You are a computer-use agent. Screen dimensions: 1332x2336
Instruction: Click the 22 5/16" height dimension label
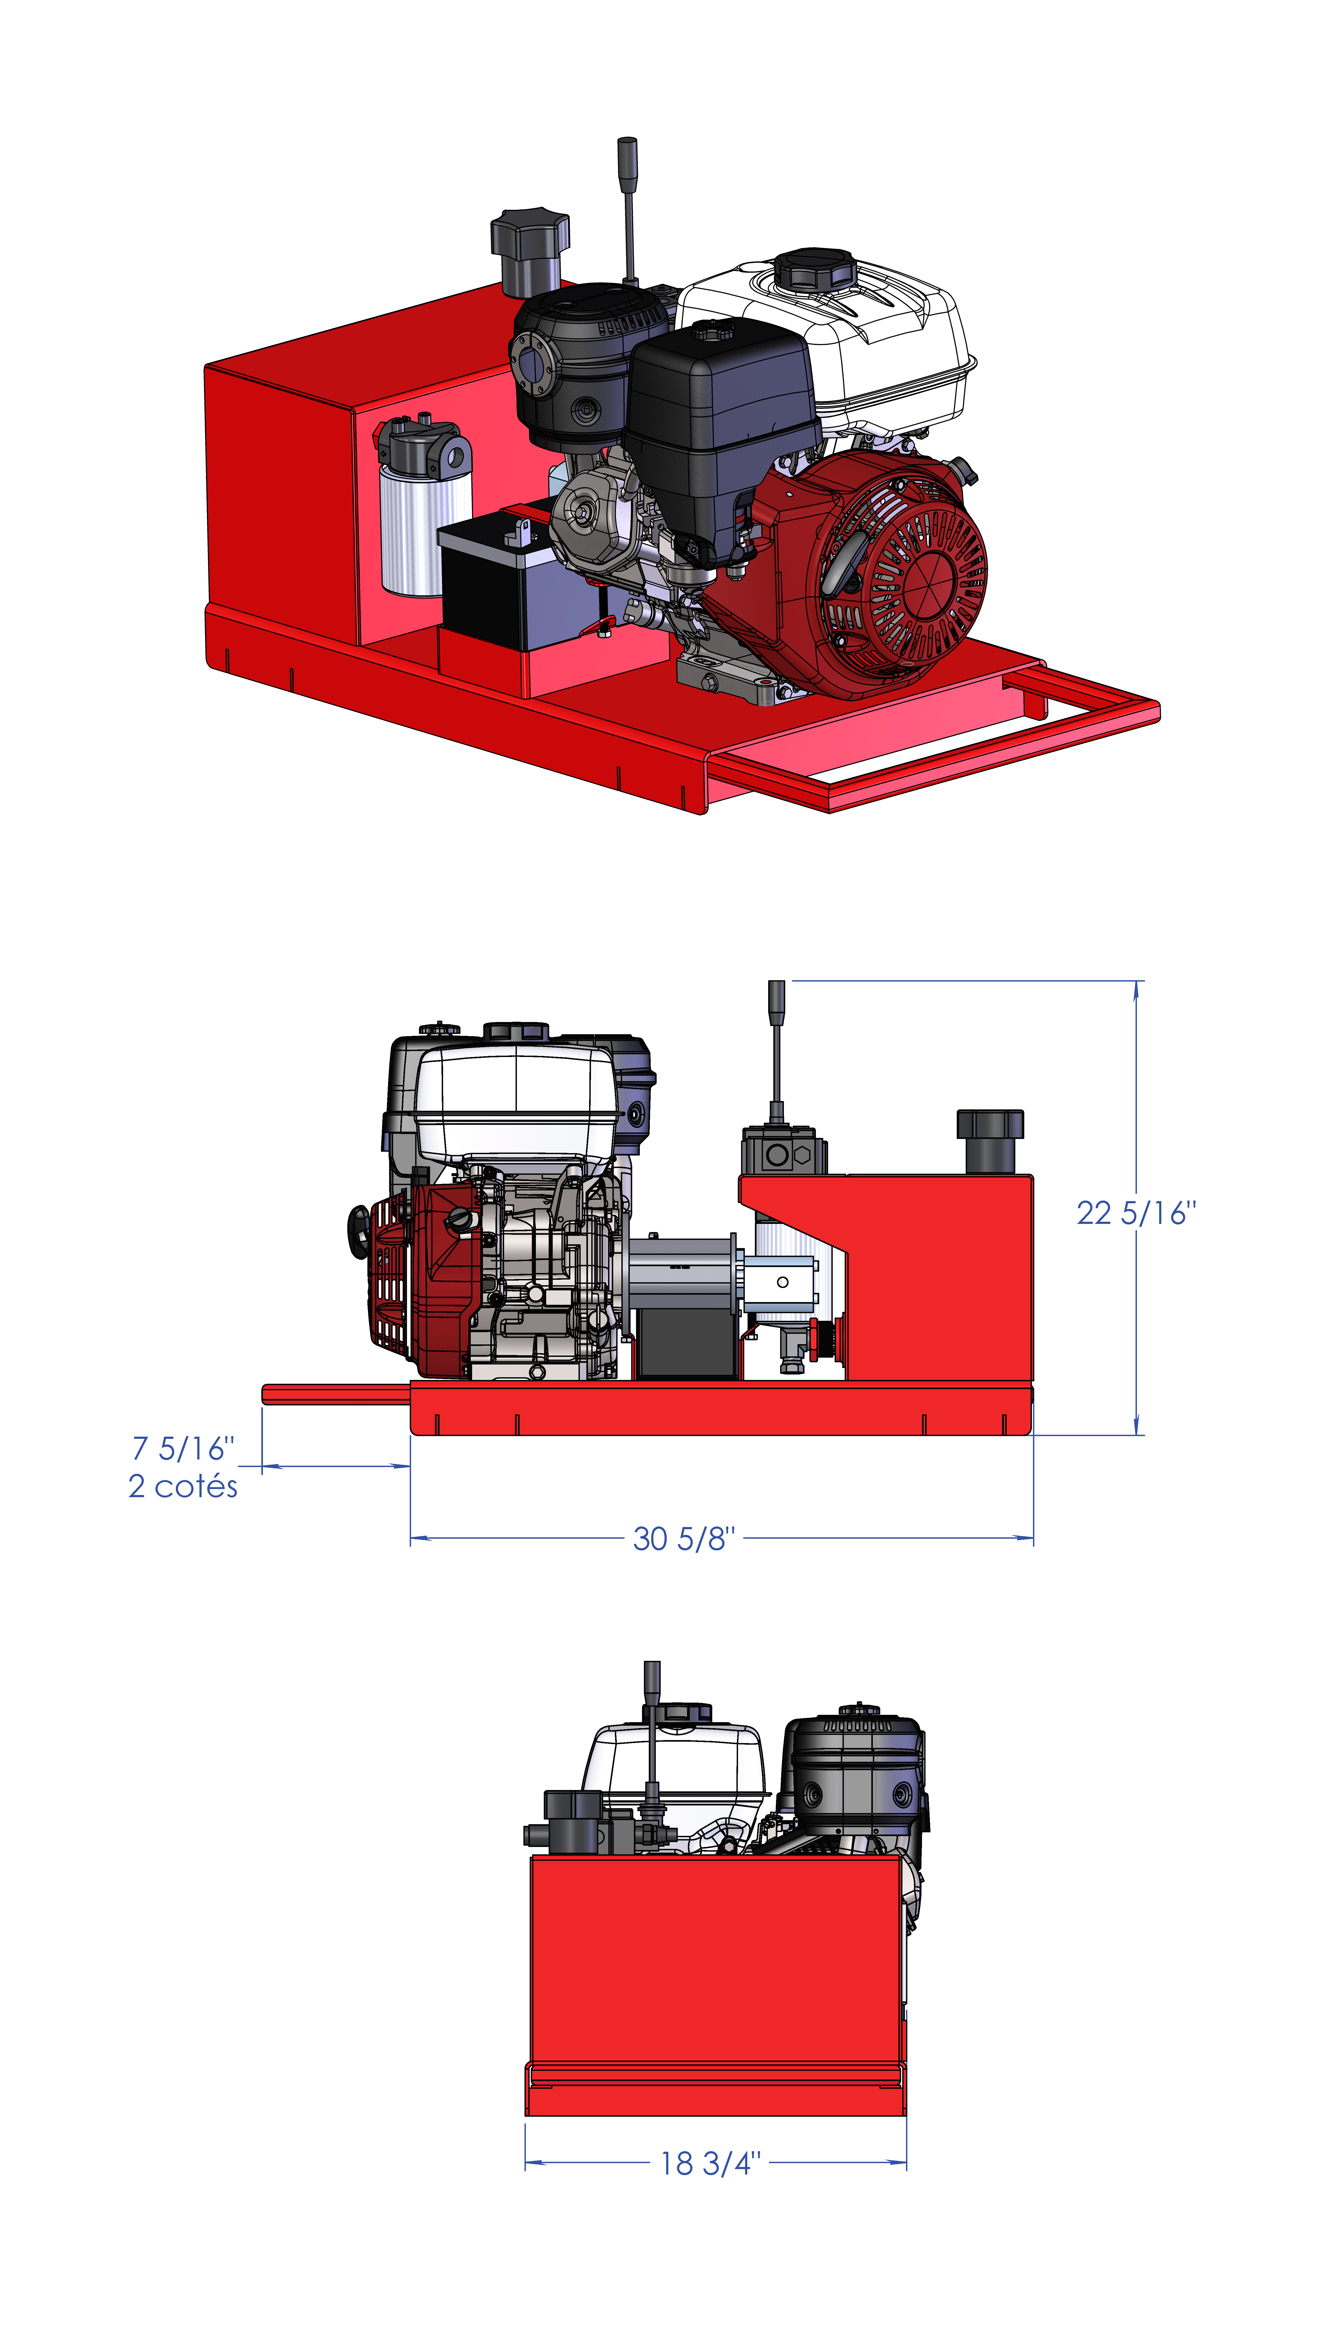click(x=1135, y=1213)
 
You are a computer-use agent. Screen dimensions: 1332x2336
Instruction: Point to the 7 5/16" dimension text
click(x=183, y=1448)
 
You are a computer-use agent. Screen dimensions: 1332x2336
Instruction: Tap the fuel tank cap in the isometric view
click(x=814, y=268)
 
